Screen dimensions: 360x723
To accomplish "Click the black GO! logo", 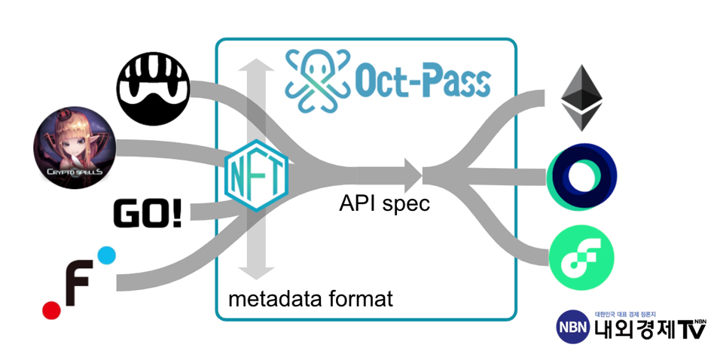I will tap(147, 213).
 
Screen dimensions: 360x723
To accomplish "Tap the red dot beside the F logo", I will tap(51, 309).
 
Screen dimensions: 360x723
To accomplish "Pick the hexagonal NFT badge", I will tap(256, 175).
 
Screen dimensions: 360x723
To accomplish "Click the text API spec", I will tap(383, 203).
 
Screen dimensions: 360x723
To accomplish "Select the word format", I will tap(358, 299).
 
